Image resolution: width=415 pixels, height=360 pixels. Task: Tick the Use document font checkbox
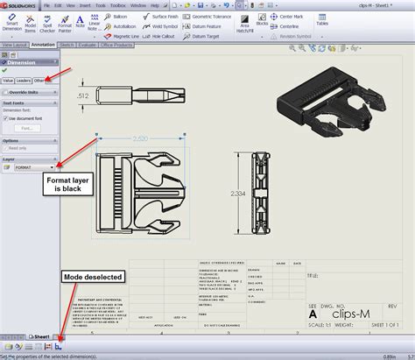point(7,117)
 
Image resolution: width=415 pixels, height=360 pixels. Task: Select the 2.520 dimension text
point(142,138)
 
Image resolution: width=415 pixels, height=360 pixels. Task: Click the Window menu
point(137,4)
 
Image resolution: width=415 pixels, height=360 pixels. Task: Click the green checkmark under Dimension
point(5,69)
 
